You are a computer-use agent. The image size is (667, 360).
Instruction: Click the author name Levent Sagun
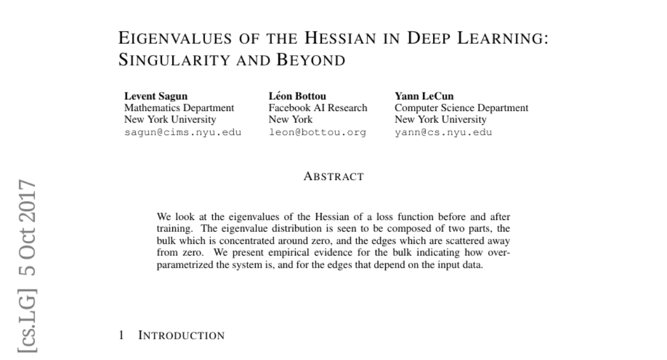156,97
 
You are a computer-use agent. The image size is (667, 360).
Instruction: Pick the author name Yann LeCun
424,97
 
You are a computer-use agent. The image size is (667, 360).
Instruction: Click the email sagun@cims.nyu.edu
183,132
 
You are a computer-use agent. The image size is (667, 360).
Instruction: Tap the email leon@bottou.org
317,132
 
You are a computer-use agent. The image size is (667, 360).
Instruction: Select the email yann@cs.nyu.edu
444,132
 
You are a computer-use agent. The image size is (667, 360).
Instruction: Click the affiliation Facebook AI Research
318,108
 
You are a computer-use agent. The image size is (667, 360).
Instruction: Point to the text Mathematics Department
179,108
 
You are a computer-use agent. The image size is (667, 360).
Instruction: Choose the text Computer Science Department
461,108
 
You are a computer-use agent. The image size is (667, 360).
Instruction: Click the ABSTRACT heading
333,177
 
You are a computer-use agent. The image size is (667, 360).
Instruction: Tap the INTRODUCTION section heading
181,336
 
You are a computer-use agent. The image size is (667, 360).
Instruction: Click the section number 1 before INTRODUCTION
122,336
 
